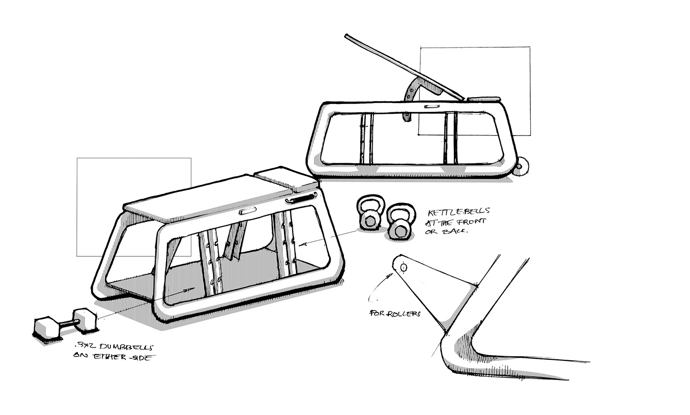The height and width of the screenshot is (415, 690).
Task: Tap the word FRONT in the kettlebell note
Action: (469, 222)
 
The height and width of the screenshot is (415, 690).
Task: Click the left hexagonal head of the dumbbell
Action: (46, 328)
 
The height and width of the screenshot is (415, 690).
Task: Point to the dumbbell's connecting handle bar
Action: (67, 324)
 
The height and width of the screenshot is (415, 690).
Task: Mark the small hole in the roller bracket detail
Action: (404, 268)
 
